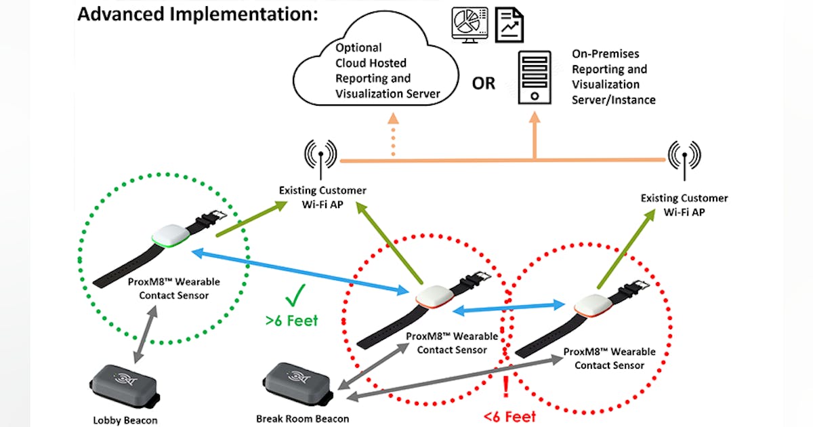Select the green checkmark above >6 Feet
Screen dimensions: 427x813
pos(296,296)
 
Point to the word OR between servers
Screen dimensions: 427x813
pos(484,84)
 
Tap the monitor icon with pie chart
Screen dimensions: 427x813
pos(467,24)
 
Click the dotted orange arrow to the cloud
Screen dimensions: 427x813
pos(394,136)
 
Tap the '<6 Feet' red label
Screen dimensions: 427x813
pos(509,416)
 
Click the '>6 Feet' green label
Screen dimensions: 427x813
pos(292,320)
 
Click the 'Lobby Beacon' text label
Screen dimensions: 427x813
pos(125,420)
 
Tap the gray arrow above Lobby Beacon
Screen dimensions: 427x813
pos(146,331)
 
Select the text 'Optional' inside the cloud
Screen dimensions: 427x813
pos(358,48)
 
